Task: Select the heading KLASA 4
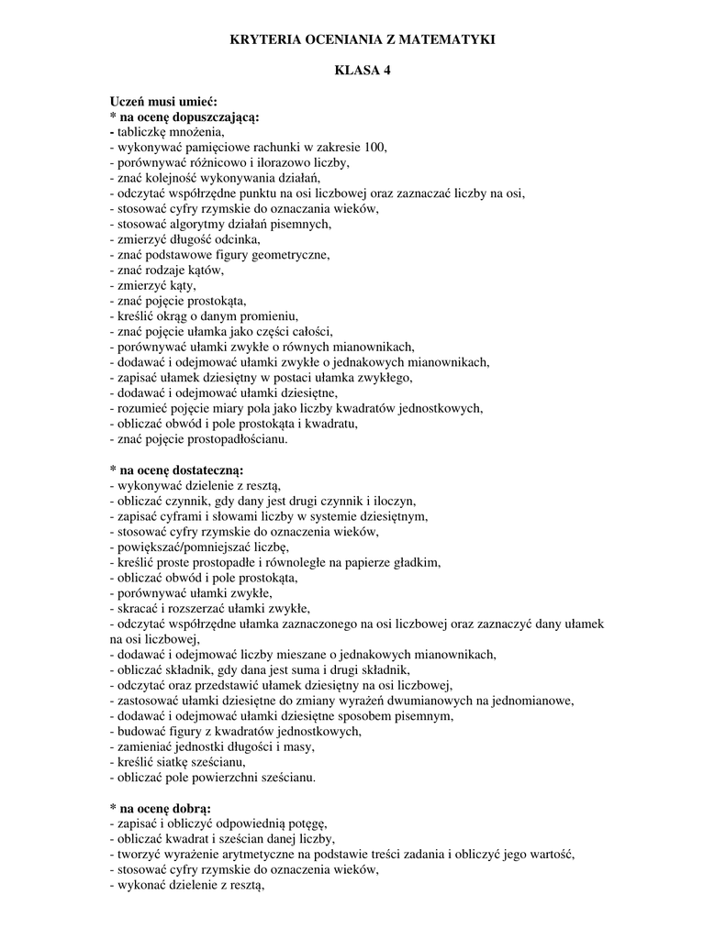point(362,72)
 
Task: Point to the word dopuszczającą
point(212,117)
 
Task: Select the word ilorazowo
point(253,162)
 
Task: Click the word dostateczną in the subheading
point(211,469)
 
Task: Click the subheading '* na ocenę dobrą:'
point(160,808)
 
